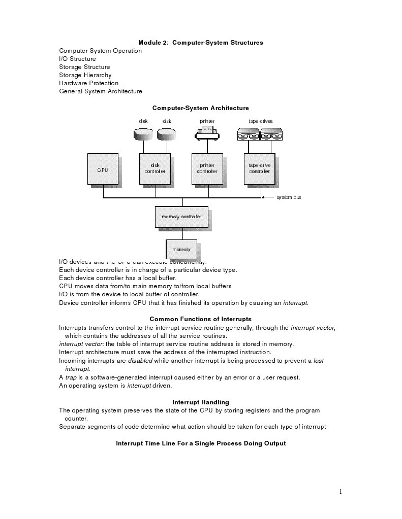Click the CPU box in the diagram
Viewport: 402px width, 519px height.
coord(103,169)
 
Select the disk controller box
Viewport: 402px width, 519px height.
coord(155,169)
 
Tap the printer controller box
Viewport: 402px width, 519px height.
coord(207,169)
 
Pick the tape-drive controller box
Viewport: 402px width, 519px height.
coord(259,169)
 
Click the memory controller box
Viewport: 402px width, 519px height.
coord(181,217)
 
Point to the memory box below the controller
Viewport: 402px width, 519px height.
coord(181,249)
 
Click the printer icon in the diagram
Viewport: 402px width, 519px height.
coord(207,133)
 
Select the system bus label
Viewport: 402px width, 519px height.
coord(288,197)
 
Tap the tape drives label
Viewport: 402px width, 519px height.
coord(260,121)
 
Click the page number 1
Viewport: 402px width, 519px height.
coord(341,491)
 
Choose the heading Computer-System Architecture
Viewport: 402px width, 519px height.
coord(201,108)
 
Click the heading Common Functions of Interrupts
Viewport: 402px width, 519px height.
coord(200,319)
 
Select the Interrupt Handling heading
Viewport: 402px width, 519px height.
coord(201,402)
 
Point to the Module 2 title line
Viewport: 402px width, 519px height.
coord(201,43)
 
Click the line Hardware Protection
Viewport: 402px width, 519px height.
coord(88,83)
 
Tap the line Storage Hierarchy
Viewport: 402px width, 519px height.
coord(85,75)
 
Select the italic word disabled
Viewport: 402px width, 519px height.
coord(140,361)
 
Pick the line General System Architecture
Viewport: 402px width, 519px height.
coord(101,91)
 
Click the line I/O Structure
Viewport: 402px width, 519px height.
coord(77,59)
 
